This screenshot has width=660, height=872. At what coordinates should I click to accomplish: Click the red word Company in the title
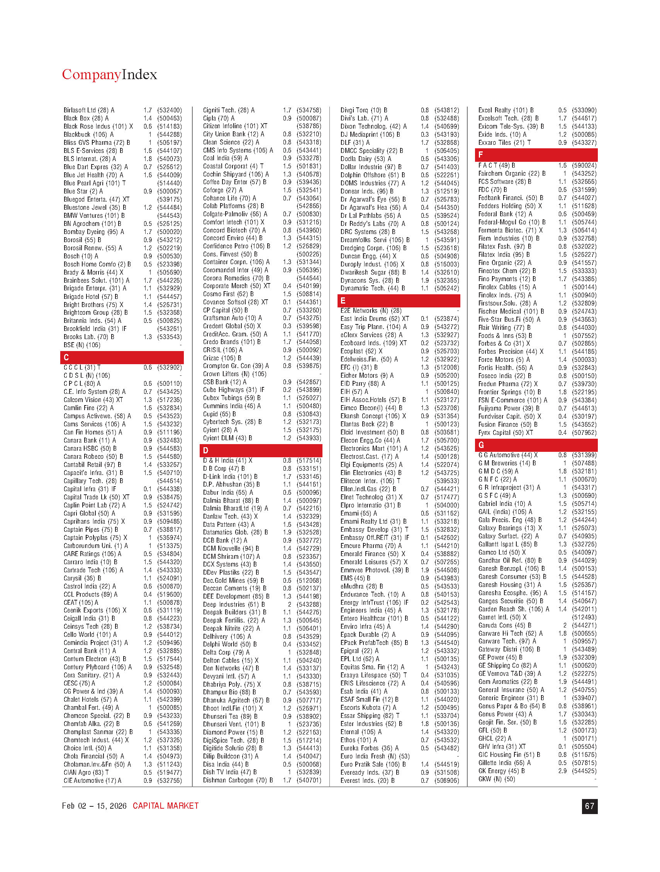coord(92,75)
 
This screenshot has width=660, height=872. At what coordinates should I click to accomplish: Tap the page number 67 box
coord(589,806)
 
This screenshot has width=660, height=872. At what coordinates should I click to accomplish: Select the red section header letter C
coord(66,357)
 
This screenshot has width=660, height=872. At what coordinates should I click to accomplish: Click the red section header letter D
coord(205,450)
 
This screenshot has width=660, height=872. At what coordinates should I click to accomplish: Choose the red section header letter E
coord(343,300)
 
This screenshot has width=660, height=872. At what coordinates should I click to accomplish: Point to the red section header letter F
coord(480,155)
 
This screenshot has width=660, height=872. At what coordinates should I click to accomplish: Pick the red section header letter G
coord(481,445)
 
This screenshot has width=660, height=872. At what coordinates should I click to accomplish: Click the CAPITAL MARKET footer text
coord(166,806)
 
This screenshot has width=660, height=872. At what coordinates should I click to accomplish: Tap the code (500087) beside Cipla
coord(309,118)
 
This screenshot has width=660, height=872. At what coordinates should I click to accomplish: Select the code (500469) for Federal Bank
coord(584,214)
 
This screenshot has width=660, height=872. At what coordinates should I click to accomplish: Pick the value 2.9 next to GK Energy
coord(562,771)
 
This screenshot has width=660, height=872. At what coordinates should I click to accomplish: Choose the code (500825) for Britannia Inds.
coord(170,321)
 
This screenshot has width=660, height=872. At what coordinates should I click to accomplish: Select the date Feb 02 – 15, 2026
coord(94,806)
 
